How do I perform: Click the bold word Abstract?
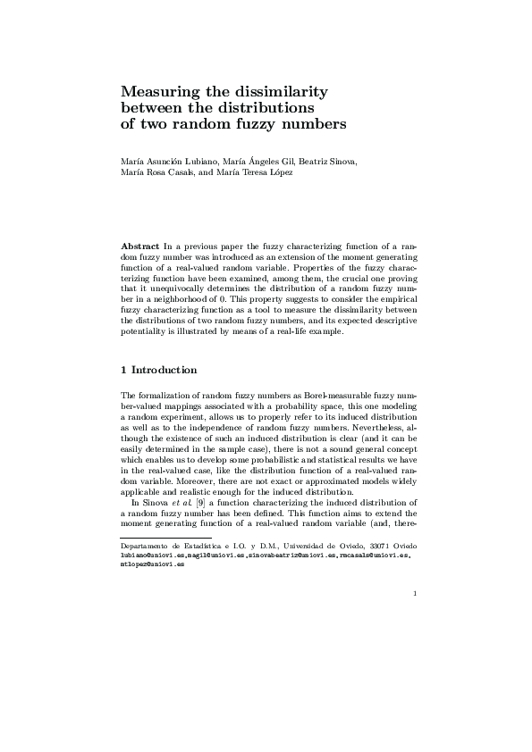coord(139,245)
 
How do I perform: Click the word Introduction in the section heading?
coord(165,370)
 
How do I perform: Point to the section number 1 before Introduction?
coord(123,370)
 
